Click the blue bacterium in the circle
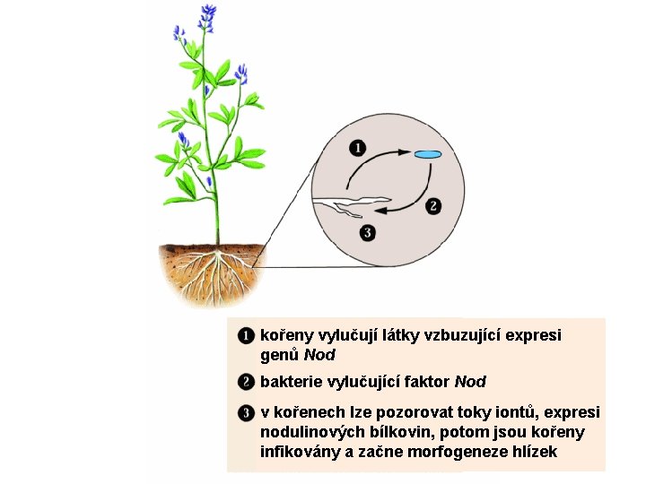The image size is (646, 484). [428, 154]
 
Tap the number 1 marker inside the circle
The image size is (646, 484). [358, 148]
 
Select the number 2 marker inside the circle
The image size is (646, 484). [433, 206]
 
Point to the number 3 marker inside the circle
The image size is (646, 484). [368, 233]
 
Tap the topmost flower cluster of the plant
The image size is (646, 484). [207, 17]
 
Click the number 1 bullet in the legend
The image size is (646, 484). [246, 336]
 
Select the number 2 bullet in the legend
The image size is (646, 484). [246, 382]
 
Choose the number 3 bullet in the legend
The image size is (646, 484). [246, 413]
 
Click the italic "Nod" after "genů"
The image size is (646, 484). [319, 355]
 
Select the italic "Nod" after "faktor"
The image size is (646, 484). [470, 382]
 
